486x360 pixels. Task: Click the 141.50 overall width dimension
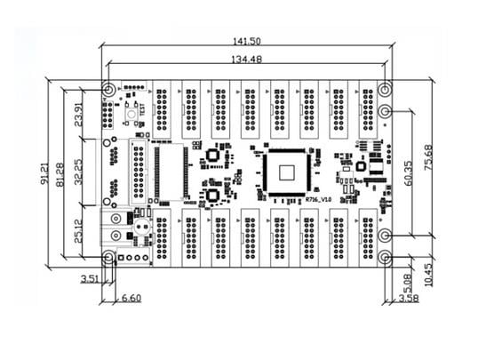[x=248, y=41]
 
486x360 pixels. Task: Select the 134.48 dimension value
[x=248, y=60]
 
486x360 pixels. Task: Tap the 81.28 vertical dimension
[x=60, y=173]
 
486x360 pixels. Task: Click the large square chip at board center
[x=285, y=168]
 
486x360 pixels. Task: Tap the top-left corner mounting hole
[x=108, y=91]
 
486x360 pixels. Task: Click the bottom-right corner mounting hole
[x=385, y=257]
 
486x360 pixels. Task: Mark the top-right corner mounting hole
[x=385, y=91]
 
